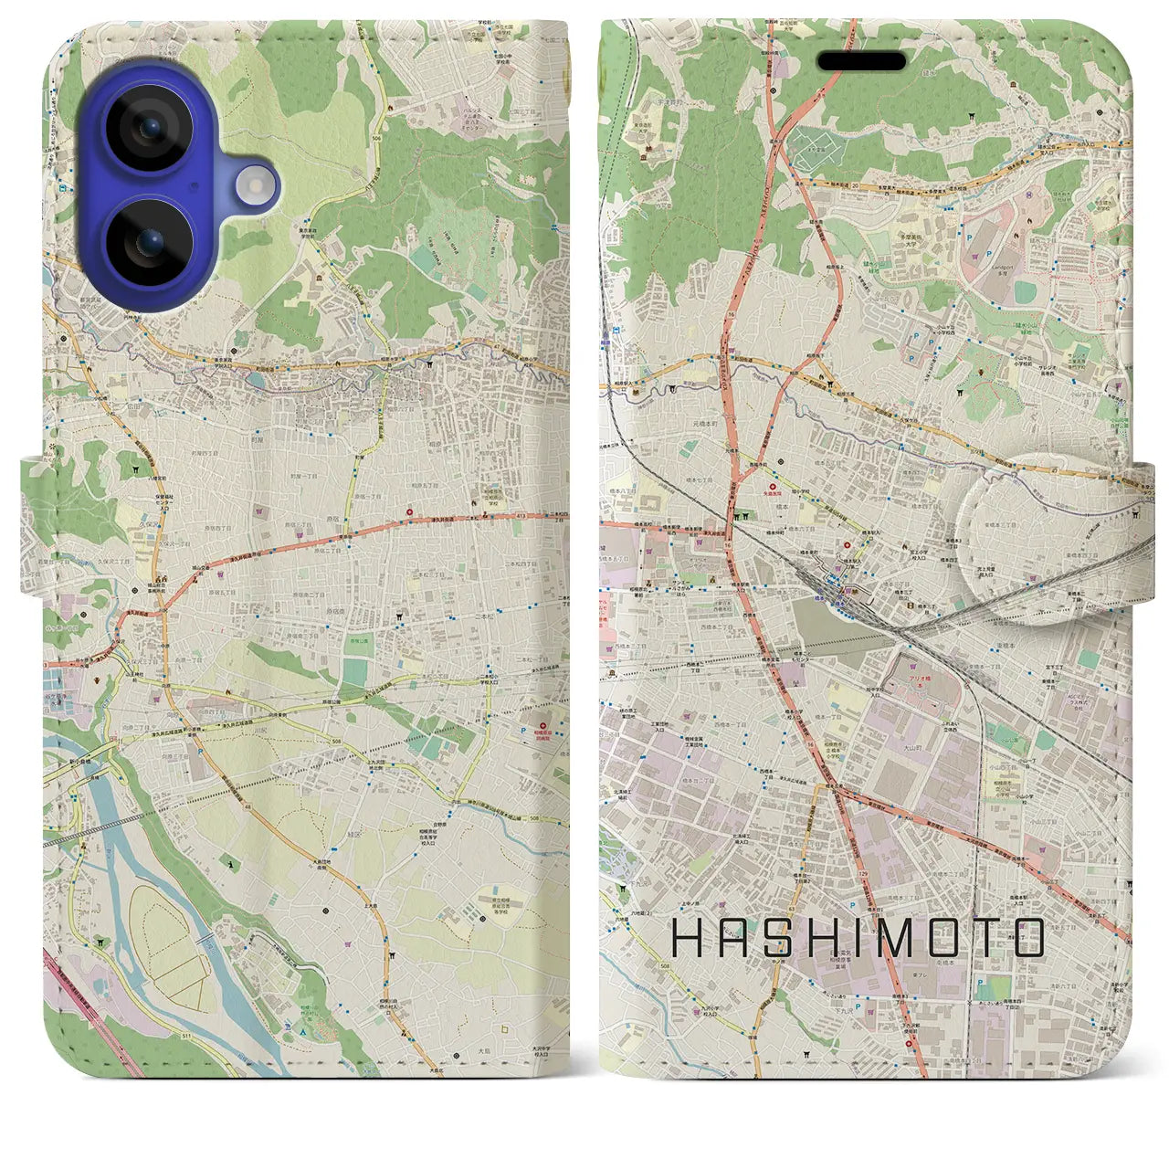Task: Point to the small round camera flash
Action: (256, 185)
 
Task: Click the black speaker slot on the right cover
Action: (861, 61)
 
